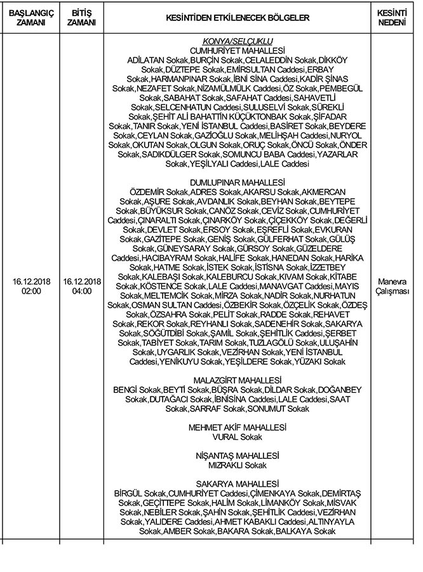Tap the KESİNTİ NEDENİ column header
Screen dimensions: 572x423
pyautogui.click(x=392, y=17)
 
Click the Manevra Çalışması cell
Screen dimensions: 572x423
pyautogui.click(x=392, y=286)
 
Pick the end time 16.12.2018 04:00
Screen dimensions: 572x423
pyautogui.click(x=82, y=286)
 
